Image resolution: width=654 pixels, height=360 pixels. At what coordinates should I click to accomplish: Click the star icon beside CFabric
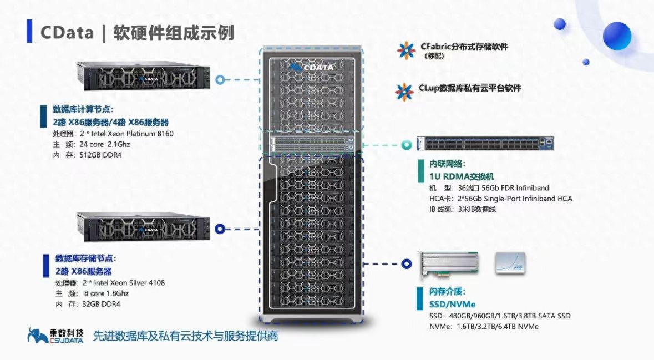[405, 50]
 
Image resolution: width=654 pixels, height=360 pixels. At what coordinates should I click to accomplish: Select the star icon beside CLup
[404, 92]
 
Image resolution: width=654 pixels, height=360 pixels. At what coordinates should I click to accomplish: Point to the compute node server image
[144, 76]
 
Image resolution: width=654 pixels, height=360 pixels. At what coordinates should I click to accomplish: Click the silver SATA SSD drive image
[510, 263]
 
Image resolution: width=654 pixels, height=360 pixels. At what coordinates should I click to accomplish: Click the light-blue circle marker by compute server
[220, 80]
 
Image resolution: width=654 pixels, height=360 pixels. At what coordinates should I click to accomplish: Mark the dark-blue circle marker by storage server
[220, 228]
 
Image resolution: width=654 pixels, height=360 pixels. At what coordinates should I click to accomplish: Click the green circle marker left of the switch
[407, 145]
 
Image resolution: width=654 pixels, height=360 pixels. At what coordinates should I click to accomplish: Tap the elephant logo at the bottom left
[37, 335]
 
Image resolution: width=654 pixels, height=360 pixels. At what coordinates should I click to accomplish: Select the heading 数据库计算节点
[83, 109]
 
